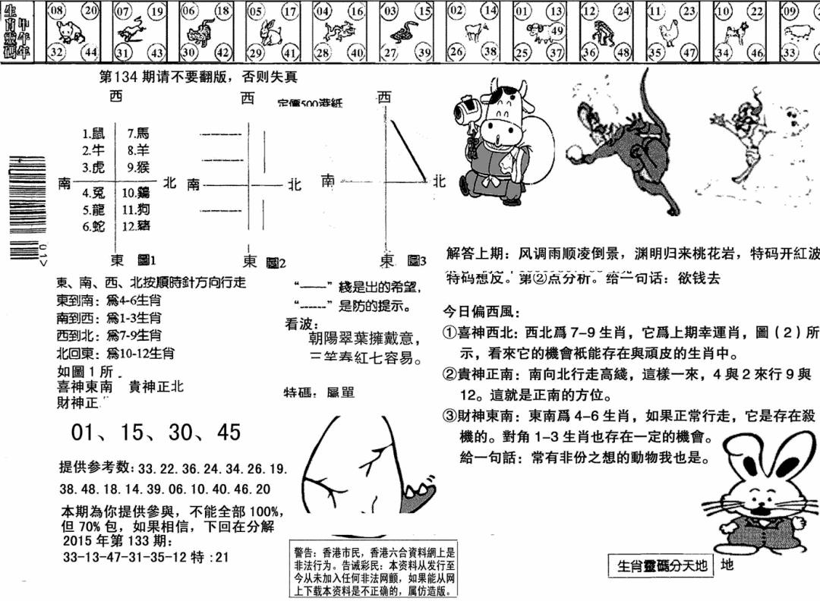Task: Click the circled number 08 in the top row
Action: [56, 11]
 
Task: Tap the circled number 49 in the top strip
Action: [557, 30]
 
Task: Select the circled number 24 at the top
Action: [623, 11]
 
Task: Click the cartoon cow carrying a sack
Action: [494, 145]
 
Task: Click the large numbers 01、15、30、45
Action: [156, 433]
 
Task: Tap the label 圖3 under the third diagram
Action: [417, 261]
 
